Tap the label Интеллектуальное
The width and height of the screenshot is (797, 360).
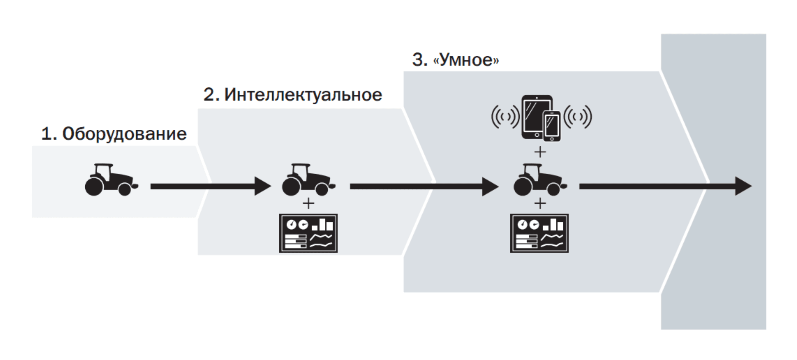[303, 95]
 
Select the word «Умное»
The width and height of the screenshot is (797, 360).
[466, 60]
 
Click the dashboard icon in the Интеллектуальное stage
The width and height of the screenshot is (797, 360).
[308, 233]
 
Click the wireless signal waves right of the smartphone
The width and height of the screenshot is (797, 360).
[578, 117]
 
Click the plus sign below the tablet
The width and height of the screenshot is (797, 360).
[540, 152]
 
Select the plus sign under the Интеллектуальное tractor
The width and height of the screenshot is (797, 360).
[308, 204]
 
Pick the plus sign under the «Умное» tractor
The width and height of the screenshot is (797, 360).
[540, 204]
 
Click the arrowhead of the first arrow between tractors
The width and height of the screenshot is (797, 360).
[262, 186]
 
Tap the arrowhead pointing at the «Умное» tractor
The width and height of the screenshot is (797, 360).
[490, 186]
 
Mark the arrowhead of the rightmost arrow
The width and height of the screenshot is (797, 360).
[743, 186]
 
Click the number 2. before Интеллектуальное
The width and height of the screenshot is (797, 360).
[211, 95]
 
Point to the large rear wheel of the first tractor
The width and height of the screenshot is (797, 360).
[94, 186]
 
